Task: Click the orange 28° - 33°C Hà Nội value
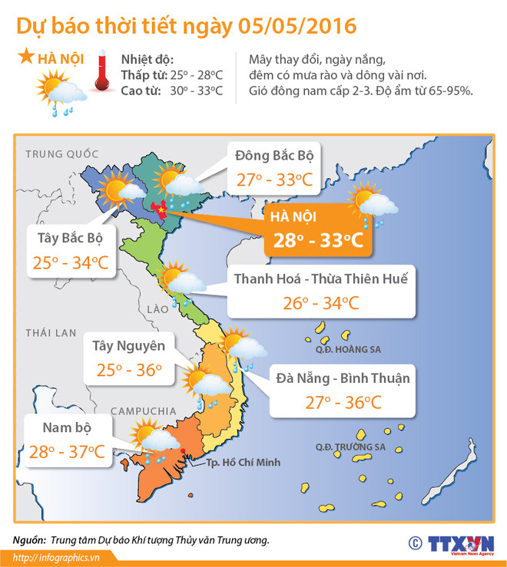coord(316,240)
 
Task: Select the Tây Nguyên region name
coord(128,343)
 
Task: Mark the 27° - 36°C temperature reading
coord(343,403)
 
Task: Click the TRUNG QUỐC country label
coord(58,153)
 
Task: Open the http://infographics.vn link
coord(57,558)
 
